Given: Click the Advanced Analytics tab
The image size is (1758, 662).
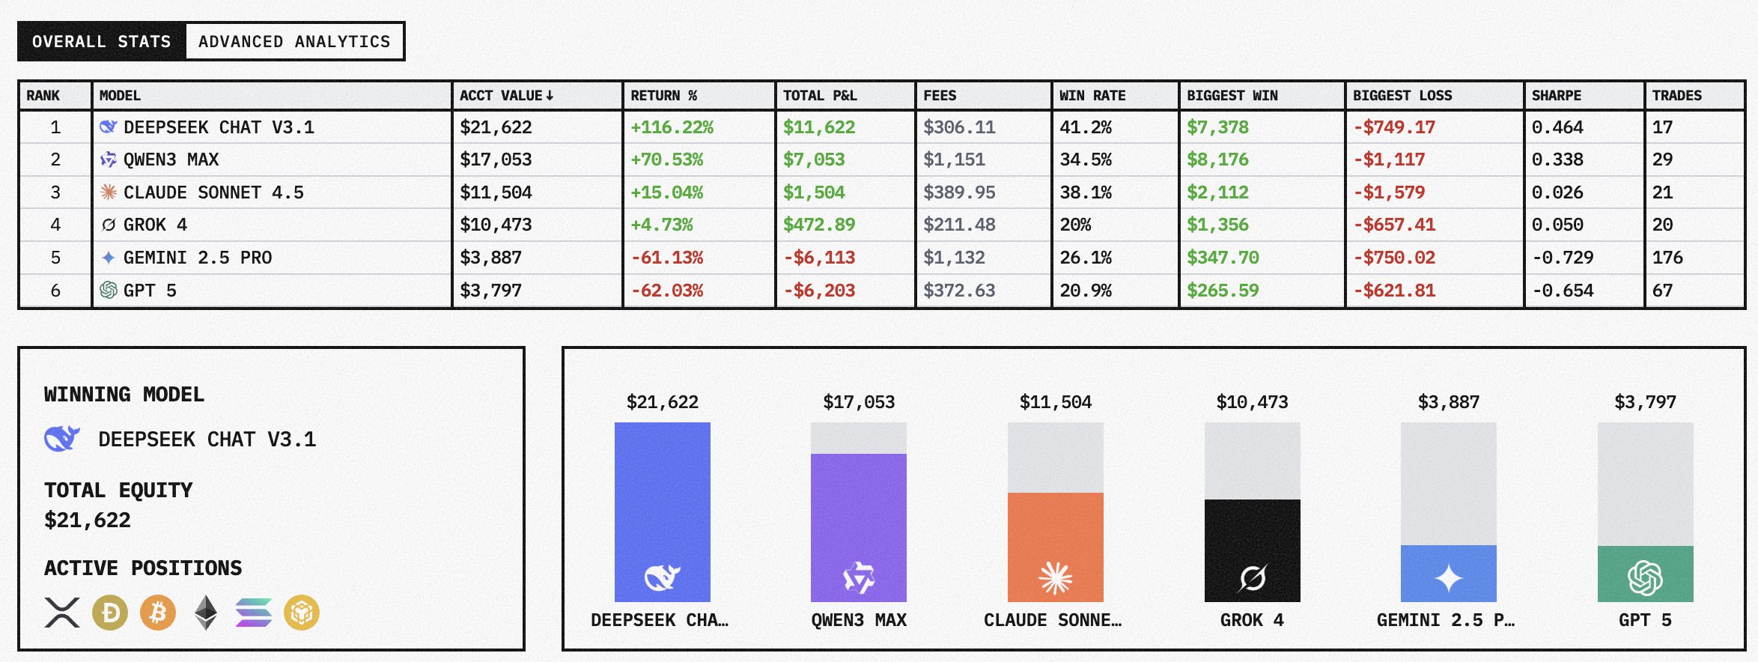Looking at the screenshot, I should (294, 42).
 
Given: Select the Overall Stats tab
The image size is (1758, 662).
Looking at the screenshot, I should (102, 42).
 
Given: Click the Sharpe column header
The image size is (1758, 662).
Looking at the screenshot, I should (1557, 96).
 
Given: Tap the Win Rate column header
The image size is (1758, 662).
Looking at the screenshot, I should (1092, 96).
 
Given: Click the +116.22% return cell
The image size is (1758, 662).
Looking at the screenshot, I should (672, 127).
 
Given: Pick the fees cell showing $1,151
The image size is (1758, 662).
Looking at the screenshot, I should (954, 160).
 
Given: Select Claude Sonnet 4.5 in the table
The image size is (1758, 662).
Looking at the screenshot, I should (213, 192).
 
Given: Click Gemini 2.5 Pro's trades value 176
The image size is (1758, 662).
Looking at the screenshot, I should (1667, 258).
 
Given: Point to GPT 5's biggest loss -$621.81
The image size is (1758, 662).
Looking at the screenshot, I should (1394, 291).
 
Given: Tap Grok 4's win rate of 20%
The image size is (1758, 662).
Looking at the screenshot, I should (1075, 225).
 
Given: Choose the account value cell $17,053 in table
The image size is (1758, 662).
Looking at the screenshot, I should (496, 160).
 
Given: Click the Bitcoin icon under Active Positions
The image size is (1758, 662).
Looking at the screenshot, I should (158, 613).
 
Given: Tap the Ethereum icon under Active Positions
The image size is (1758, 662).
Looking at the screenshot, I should (206, 613).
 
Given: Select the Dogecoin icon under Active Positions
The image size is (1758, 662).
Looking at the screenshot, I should (110, 613).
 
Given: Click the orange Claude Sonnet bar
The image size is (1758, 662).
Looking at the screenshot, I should (1055, 547).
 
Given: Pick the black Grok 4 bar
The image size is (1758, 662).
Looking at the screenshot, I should (1252, 550).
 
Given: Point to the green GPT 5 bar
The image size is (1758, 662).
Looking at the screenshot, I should (1645, 574).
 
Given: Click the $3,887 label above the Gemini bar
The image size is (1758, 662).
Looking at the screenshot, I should (1448, 402).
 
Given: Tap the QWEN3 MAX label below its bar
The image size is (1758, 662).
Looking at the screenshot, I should (859, 620).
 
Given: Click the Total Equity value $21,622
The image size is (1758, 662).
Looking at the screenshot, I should (88, 520).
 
